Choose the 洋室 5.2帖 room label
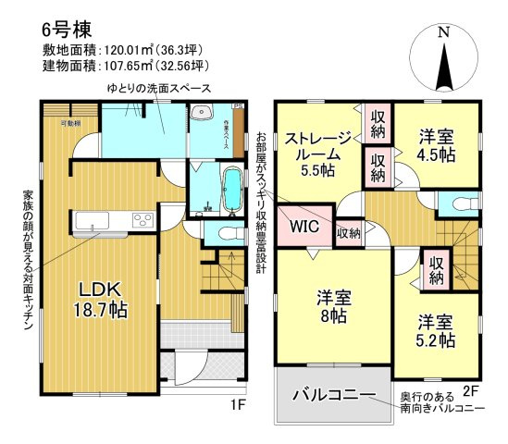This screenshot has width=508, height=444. point(434,331)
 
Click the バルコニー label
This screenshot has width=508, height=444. point(334,396)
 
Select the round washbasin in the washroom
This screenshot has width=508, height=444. point(204,115)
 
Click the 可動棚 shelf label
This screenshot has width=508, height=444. point(70,123)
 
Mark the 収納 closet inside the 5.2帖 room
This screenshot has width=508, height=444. point(436,269)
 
